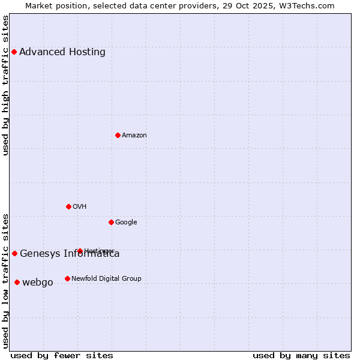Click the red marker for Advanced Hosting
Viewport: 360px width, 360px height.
14,52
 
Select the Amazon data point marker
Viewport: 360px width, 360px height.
118,135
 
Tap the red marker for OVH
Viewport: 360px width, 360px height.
68,206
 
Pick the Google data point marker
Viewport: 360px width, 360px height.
111,222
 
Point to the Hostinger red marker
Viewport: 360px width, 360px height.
80,251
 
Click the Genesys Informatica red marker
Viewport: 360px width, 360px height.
14,253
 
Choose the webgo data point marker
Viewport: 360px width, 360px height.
17,282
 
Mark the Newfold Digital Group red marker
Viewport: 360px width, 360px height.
67,278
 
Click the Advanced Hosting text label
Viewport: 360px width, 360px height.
62,52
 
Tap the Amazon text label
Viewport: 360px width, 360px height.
134,135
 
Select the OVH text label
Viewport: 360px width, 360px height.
80,206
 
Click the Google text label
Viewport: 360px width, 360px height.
126,222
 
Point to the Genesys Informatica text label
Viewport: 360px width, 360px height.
70,253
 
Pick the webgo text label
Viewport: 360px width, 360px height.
38,282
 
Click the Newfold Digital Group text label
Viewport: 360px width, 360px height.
106,278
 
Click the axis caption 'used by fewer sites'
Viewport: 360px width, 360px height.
62,355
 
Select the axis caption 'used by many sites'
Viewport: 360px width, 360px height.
301,355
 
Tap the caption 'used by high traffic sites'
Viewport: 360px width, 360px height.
6,85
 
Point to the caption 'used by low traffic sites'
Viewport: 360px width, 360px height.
6,281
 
